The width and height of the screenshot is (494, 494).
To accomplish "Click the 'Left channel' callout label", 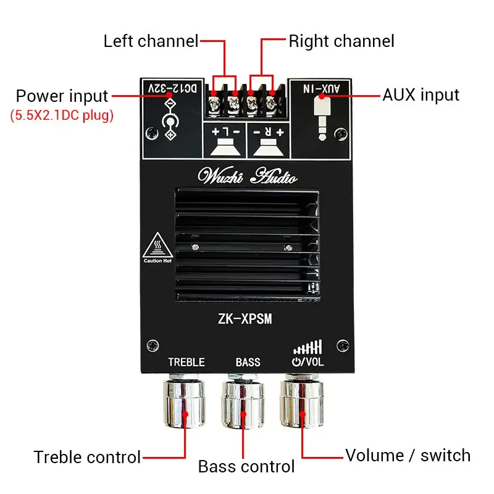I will point(151,41).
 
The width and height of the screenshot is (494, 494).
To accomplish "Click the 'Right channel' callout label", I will point(341,41).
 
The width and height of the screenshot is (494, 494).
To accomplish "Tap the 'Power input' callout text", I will point(62,96).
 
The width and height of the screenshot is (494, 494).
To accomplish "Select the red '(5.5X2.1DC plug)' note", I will point(62,115).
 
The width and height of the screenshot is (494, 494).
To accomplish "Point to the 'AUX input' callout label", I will point(421,94).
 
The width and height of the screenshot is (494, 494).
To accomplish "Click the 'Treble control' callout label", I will point(87,457).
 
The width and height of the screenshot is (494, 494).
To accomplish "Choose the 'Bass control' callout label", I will point(246,466).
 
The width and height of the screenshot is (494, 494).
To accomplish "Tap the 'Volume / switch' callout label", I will point(408,456).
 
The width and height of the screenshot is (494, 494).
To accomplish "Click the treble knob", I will point(185,404).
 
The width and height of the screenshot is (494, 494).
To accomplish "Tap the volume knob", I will point(302,404).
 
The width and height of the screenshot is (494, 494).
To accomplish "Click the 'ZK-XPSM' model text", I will point(246,319).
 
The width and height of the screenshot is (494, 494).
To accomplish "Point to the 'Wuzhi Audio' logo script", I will point(246,177).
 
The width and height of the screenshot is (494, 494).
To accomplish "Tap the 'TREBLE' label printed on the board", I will point(186,362).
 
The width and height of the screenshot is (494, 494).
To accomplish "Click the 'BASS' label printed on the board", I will point(248,362).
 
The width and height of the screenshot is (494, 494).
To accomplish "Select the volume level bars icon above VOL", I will point(308,346).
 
